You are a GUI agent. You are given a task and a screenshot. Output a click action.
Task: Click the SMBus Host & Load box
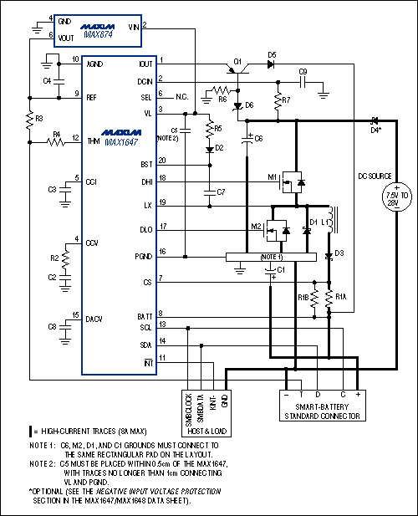tap(210, 410)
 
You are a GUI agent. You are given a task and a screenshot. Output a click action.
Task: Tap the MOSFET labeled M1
tap(293, 180)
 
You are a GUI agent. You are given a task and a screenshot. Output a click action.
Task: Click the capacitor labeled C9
tap(304, 83)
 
